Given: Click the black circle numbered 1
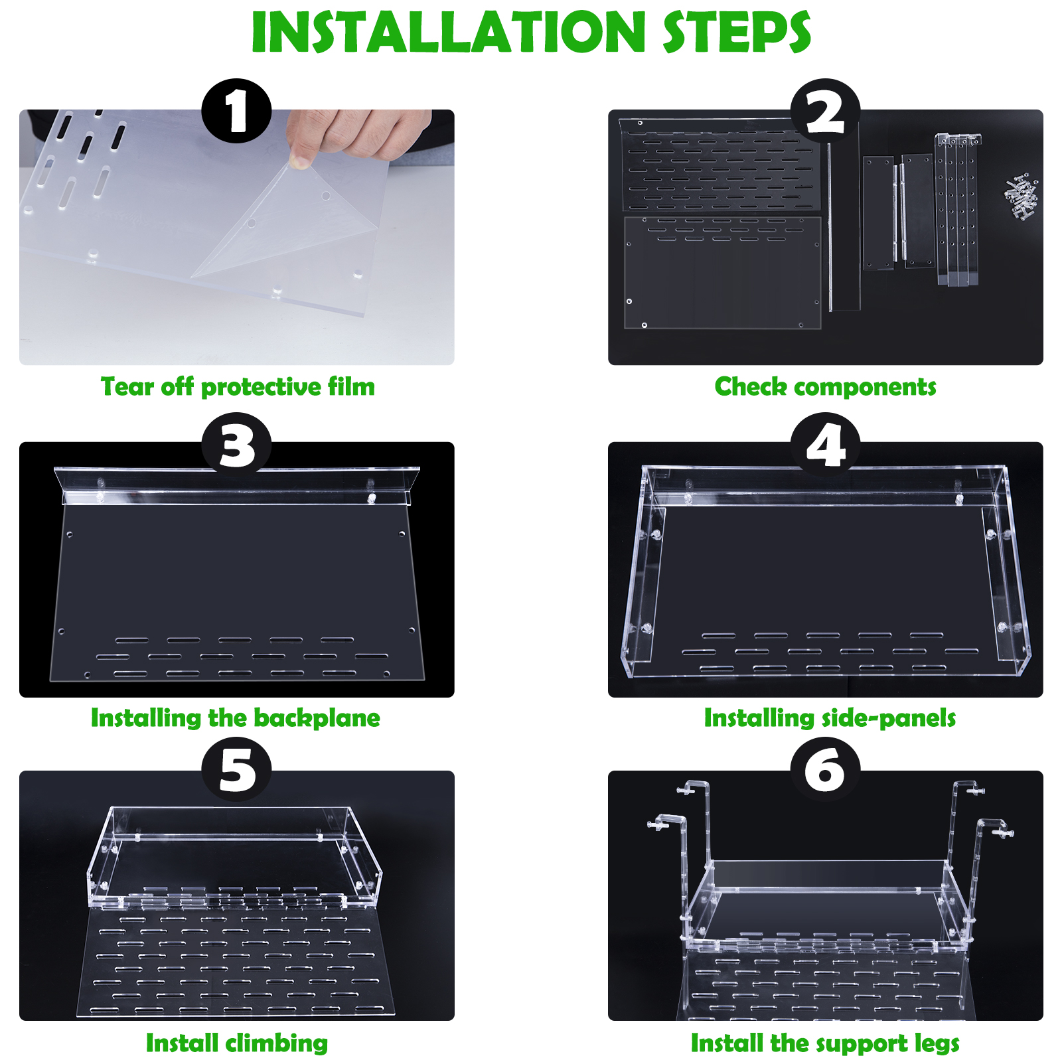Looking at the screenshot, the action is click(x=236, y=111).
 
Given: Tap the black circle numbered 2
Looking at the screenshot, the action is click(x=826, y=111).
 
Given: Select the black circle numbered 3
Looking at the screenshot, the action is click(x=236, y=445).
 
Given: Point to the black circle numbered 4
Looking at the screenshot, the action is click(x=826, y=445).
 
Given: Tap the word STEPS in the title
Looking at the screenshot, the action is click(x=737, y=33).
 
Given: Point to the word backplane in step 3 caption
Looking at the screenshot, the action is click(x=317, y=718).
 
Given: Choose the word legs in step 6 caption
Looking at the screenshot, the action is click(x=937, y=1044).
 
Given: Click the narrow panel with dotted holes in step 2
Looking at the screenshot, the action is click(x=956, y=210).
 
